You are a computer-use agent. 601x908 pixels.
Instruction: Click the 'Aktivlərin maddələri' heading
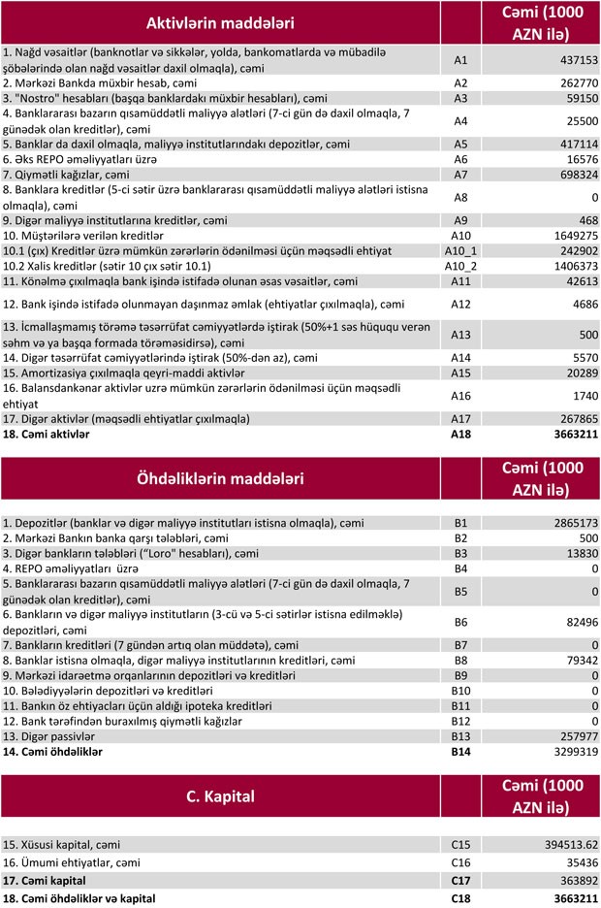219,22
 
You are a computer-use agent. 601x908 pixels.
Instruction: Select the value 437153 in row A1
572,60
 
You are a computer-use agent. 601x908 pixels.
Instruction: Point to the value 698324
572,175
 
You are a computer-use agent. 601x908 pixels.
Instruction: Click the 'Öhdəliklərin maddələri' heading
219,479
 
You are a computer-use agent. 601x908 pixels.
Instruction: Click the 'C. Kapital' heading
220,796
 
